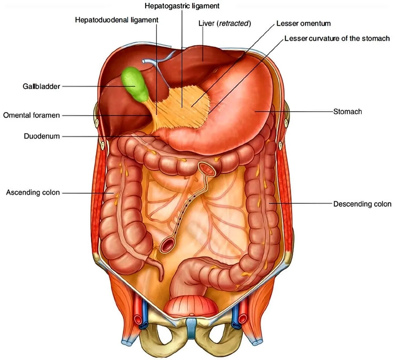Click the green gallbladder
[x=135, y=84]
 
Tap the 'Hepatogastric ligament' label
[x=182, y=6]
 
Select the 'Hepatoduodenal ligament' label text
[x=117, y=20]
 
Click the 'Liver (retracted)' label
[x=225, y=23]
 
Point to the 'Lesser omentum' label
[x=303, y=23]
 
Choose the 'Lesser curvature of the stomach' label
[x=337, y=38]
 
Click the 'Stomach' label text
[x=348, y=112]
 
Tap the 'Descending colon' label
[x=362, y=204]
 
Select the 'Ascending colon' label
[x=33, y=192]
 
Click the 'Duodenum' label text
[x=42, y=136]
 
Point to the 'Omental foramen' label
[x=32, y=115]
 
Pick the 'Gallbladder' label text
[x=41, y=86]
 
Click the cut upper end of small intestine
[x=207, y=170]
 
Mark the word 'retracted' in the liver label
[x=234, y=23]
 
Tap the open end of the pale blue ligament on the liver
[x=144, y=61]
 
